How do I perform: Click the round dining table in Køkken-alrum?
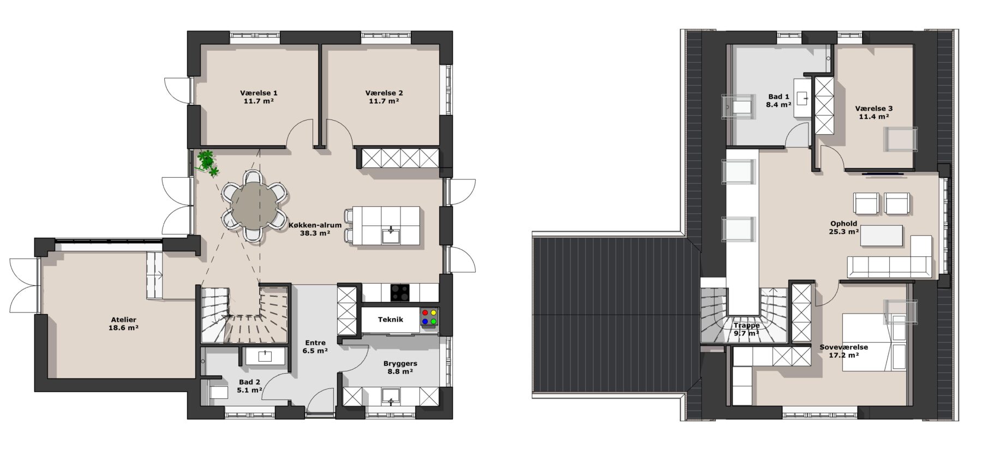(254, 205)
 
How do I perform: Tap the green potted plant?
(207, 161)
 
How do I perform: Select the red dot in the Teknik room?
(424, 313)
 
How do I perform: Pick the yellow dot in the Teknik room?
(434, 313)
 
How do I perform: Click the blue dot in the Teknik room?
(424, 322)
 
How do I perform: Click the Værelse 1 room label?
(259, 93)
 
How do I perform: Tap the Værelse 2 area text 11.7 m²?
(384, 101)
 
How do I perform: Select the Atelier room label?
(123, 320)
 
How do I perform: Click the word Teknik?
(391, 320)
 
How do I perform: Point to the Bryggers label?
(400, 363)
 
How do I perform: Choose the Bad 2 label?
(250, 382)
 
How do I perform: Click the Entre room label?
(315, 343)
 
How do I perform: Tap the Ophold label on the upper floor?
(843, 224)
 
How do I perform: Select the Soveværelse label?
(843, 347)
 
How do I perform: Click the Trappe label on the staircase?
(746, 326)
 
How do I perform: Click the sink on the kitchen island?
(391, 236)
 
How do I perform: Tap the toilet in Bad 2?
(218, 392)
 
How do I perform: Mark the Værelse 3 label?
(873, 109)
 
